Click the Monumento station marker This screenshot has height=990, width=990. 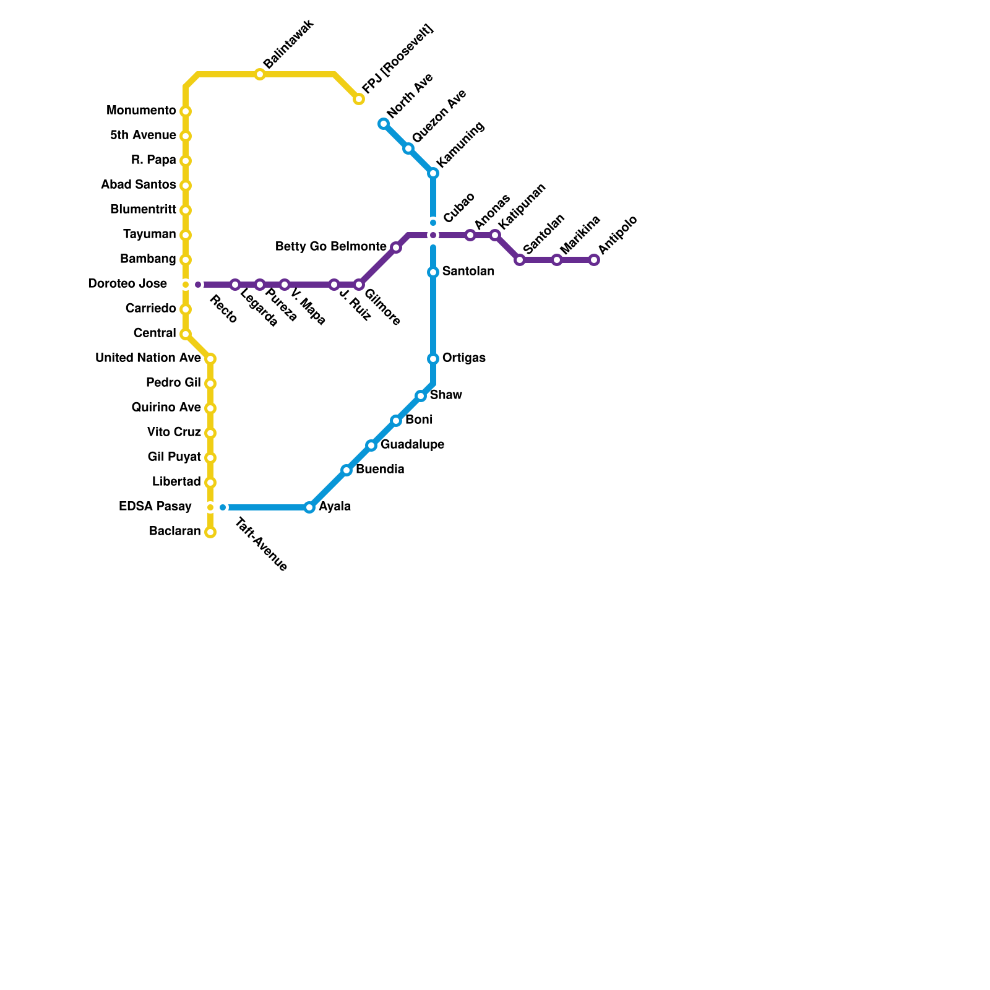(x=186, y=111)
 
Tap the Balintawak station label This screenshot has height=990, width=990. (x=289, y=45)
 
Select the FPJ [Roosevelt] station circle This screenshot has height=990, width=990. (x=359, y=99)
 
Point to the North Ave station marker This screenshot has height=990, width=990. (x=384, y=124)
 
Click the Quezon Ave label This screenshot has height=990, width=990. (x=439, y=116)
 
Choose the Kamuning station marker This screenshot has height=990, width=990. (x=433, y=173)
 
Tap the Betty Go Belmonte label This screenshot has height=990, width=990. (x=330, y=247)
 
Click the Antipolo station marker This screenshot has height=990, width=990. (x=594, y=260)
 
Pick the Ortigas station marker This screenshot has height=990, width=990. (x=433, y=359)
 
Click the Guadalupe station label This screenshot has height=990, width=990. (x=412, y=445)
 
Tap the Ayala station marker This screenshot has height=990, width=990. (x=309, y=507)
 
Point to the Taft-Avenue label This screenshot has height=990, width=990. (x=261, y=544)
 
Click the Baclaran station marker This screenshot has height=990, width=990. (x=210, y=532)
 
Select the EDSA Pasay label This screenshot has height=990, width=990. (x=155, y=507)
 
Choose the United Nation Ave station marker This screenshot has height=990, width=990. (x=210, y=359)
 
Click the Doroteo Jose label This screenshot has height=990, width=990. (x=127, y=284)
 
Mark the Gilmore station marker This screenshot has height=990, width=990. (x=359, y=285)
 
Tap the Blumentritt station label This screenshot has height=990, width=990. (x=143, y=210)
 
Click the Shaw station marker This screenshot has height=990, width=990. (x=421, y=396)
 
